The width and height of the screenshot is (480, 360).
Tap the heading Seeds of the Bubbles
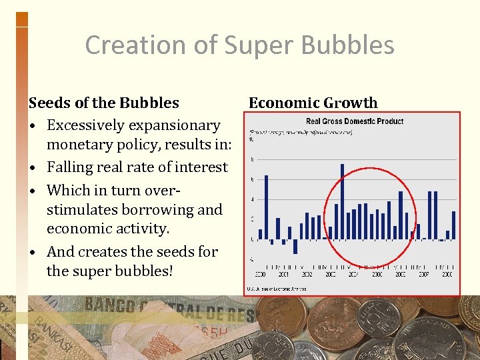pos(103,103)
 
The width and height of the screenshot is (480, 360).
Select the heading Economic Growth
pos(313,103)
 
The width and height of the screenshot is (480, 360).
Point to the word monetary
pos(83,146)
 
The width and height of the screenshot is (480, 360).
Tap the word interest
pos(199,167)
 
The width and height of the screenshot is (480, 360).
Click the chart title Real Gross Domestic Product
pos(354,121)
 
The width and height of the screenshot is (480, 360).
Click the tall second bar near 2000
pos(266,207)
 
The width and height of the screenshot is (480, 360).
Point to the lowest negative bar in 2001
pos(295,246)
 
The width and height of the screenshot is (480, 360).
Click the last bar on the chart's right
pos(453,225)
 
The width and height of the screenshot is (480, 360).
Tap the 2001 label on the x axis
pos(283,274)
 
